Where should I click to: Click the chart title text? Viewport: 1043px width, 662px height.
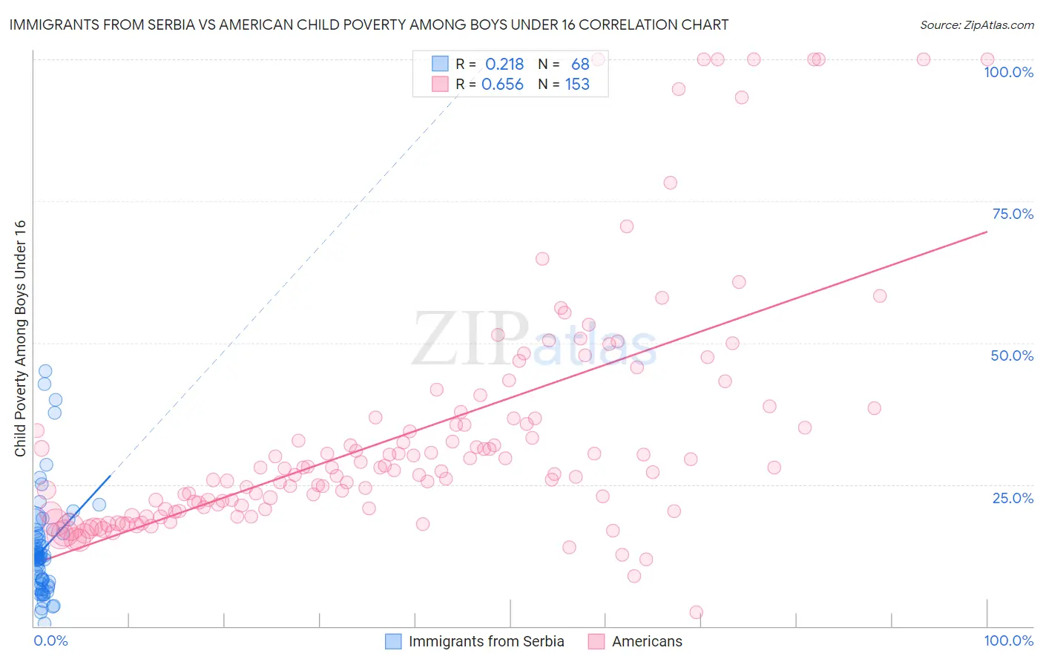click(369, 24)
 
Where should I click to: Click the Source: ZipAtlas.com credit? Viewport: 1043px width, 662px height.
click(976, 24)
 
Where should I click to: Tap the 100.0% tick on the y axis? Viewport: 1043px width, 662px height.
click(1008, 72)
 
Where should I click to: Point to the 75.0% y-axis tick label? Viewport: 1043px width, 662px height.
click(1013, 214)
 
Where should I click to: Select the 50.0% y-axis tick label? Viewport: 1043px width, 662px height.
click(1012, 355)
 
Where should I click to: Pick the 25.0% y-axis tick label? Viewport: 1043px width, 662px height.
click(1013, 497)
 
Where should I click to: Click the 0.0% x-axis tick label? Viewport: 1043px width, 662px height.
click(50, 640)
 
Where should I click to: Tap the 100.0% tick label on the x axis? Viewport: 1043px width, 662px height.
click(1008, 640)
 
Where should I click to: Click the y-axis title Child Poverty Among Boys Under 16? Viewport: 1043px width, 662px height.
click(20, 338)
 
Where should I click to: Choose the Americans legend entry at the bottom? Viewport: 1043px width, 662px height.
click(646, 641)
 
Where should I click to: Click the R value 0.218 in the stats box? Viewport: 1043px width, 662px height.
click(504, 65)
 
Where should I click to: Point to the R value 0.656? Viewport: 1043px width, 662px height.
click(502, 85)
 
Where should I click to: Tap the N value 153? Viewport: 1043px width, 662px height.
click(577, 85)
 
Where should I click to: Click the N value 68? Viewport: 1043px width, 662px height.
click(580, 65)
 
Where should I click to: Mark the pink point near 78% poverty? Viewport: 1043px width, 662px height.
click(671, 183)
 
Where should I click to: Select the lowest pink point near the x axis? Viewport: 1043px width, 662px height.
click(696, 612)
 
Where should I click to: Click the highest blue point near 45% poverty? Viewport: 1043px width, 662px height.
click(45, 371)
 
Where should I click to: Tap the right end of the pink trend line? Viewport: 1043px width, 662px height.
click(987, 232)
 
